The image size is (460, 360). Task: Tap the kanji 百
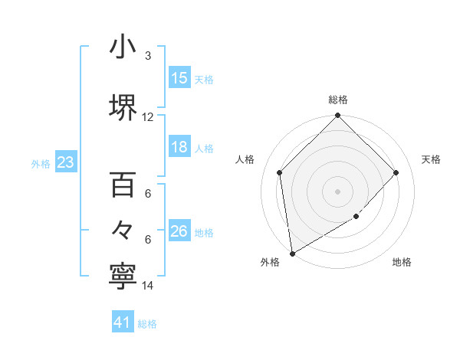(x=123, y=185)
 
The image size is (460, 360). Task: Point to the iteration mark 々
(x=123, y=230)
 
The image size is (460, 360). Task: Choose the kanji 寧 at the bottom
(x=123, y=277)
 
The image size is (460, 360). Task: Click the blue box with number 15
(x=179, y=78)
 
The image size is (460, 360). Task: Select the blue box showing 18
(x=179, y=148)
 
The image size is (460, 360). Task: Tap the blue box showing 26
(x=179, y=232)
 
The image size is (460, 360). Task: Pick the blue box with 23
(x=66, y=162)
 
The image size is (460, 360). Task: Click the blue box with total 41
(x=123, y=322)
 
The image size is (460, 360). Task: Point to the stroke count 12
(x=148, y=117)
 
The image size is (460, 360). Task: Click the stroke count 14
(x=148, y=286)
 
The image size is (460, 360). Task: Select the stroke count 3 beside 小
(x=148, y=56)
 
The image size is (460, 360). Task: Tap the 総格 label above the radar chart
(x=338, y=100)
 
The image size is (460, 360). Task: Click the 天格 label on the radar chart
(x=432, y=159)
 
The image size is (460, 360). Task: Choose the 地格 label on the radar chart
(x=402, y=263)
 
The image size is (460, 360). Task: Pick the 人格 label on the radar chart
(x=245, y=159)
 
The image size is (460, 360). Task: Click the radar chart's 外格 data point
(x=291, y=254)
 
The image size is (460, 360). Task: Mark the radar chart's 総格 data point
(x=338, y=116)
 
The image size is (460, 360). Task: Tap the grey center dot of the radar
(x=338, y=191)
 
